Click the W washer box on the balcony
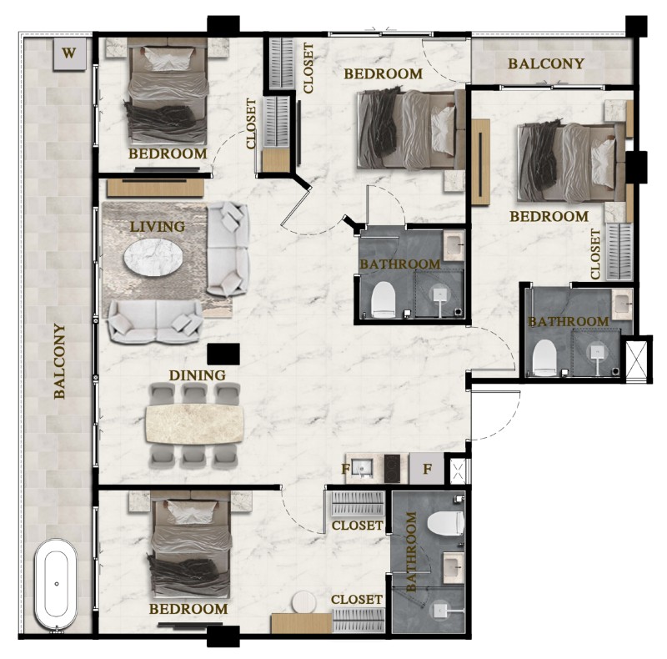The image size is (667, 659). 70,53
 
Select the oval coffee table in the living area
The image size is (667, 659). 153,257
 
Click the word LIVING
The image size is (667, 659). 158,226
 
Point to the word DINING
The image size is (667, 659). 198,375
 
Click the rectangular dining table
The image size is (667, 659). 195,424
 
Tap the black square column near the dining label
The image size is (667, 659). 223,355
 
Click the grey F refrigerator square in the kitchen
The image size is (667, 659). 426,468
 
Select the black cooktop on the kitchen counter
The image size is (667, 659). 392,468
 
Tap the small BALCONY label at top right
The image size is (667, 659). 546,64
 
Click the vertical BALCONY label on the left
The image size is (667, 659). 59,361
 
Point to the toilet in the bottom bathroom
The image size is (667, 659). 446,523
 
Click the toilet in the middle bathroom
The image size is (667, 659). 384,299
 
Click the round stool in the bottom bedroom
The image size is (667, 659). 303,603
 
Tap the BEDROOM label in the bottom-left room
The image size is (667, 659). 188,609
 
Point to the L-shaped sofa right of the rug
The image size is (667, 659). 228,249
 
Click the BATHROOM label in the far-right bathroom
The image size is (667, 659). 569,322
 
